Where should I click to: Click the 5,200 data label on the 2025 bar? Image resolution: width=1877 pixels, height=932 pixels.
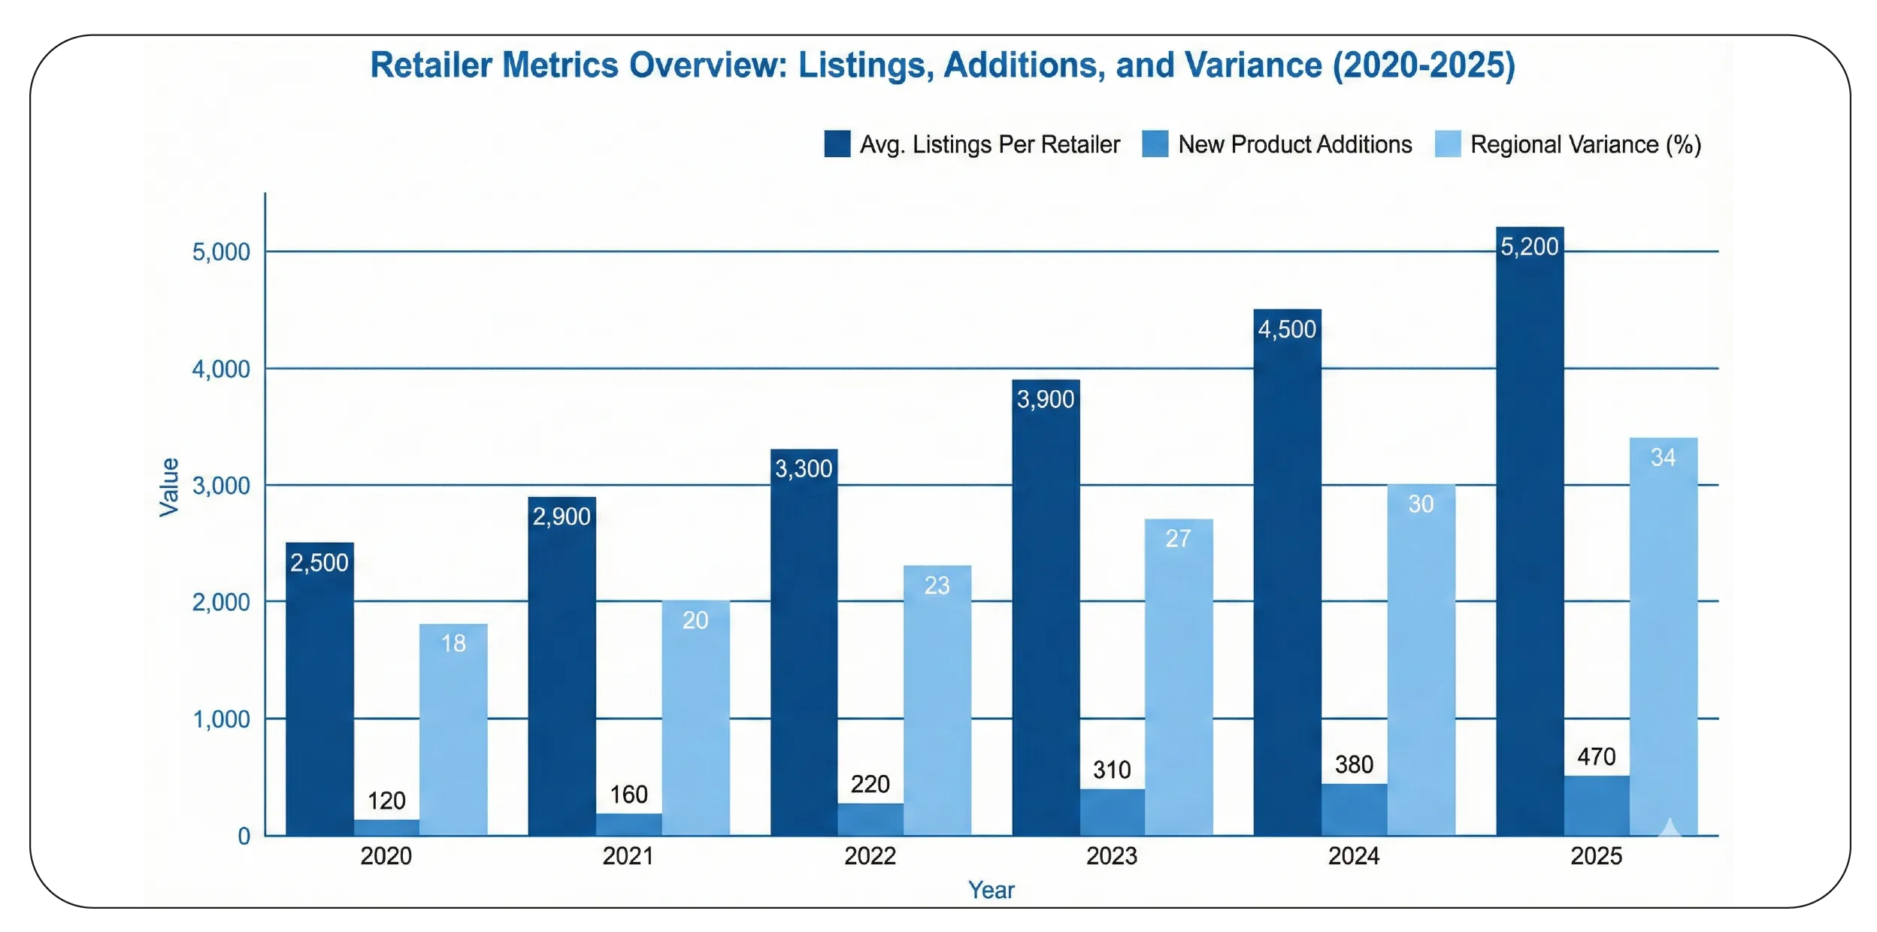click(x=1529, y=247)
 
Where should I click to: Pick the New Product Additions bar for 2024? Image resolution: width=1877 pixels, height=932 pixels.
click(x=1354, y=809)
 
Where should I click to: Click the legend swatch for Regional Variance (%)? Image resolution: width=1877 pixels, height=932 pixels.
click(x=1447, y=144)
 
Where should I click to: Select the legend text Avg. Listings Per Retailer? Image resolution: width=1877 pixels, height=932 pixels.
click(x=989, y=144)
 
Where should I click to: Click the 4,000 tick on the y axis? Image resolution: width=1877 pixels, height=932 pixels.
click(x=220, y=369)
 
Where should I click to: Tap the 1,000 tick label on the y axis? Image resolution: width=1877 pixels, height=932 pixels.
click(x=221, y=719)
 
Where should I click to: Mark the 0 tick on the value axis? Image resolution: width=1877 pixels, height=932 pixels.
click(x=244, y=836)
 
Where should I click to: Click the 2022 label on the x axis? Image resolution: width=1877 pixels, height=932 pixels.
click(x=870, y=856)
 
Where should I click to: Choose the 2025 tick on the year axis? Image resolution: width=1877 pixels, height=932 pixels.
click(x=1596, y=856)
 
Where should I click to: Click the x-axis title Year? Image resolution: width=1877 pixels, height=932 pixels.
click(x=991, y=890)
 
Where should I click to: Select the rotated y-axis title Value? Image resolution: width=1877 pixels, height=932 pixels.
click(x=169, y=487)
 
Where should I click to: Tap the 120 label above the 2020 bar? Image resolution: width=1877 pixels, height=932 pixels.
click(x=386, y=800)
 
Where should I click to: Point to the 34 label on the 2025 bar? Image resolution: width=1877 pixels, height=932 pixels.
click(x=1663, y=457)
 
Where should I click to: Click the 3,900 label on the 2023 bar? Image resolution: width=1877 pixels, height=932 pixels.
click(x=1045, y=399)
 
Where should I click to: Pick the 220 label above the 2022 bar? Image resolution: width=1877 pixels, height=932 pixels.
click(x=870, y=784)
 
